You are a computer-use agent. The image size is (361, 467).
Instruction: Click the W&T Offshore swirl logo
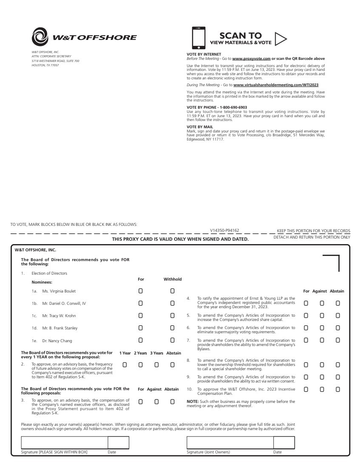tap(40, 37)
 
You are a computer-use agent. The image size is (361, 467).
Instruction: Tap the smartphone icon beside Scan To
tap(199, 38)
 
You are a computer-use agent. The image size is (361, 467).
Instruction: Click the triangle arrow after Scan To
tap(280, 39)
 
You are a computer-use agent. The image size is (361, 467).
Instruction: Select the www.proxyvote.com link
tap(251, 58)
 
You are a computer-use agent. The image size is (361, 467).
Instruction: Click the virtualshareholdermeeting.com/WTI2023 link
tap(276, 85)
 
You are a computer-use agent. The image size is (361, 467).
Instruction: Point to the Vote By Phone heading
tap(217, 107)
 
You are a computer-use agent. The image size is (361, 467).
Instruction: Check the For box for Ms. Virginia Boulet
tap(140, 291)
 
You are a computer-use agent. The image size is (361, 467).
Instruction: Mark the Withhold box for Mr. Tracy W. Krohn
tap(172, 316)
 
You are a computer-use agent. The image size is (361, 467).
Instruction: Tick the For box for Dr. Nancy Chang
tap(140, 340)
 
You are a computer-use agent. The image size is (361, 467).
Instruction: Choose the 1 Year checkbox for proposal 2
tap(125, 364)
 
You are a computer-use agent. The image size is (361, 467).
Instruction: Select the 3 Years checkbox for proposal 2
tap(156, 364)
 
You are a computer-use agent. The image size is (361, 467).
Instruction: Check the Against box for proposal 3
tap(156, 401)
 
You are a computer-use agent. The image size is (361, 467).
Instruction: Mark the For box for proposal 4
tap(306, 304)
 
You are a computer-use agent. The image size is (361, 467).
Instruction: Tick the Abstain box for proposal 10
tap(338, 389)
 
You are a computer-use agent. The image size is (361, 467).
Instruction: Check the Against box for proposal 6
tap(322, 328)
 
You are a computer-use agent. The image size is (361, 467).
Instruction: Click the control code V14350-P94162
tap(224, 231)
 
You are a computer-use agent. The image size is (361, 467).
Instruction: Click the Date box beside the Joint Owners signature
tap(284, 442)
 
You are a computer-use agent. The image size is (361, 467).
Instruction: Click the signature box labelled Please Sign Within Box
tap(64, 442)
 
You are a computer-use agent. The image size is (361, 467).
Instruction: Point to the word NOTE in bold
tap(192, 401)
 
